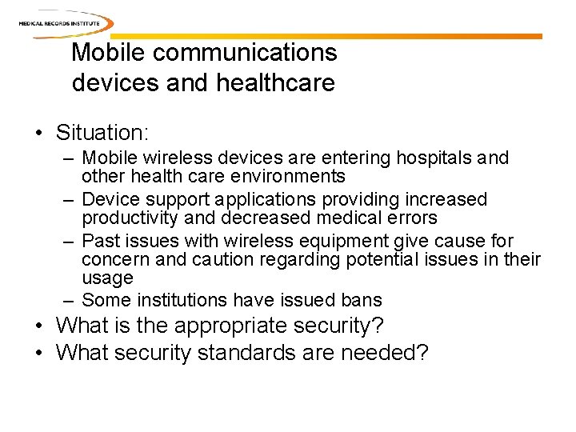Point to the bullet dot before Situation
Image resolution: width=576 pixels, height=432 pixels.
[39, 131]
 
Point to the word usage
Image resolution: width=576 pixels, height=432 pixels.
[107, 278]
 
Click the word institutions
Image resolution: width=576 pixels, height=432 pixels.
[182, 301]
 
